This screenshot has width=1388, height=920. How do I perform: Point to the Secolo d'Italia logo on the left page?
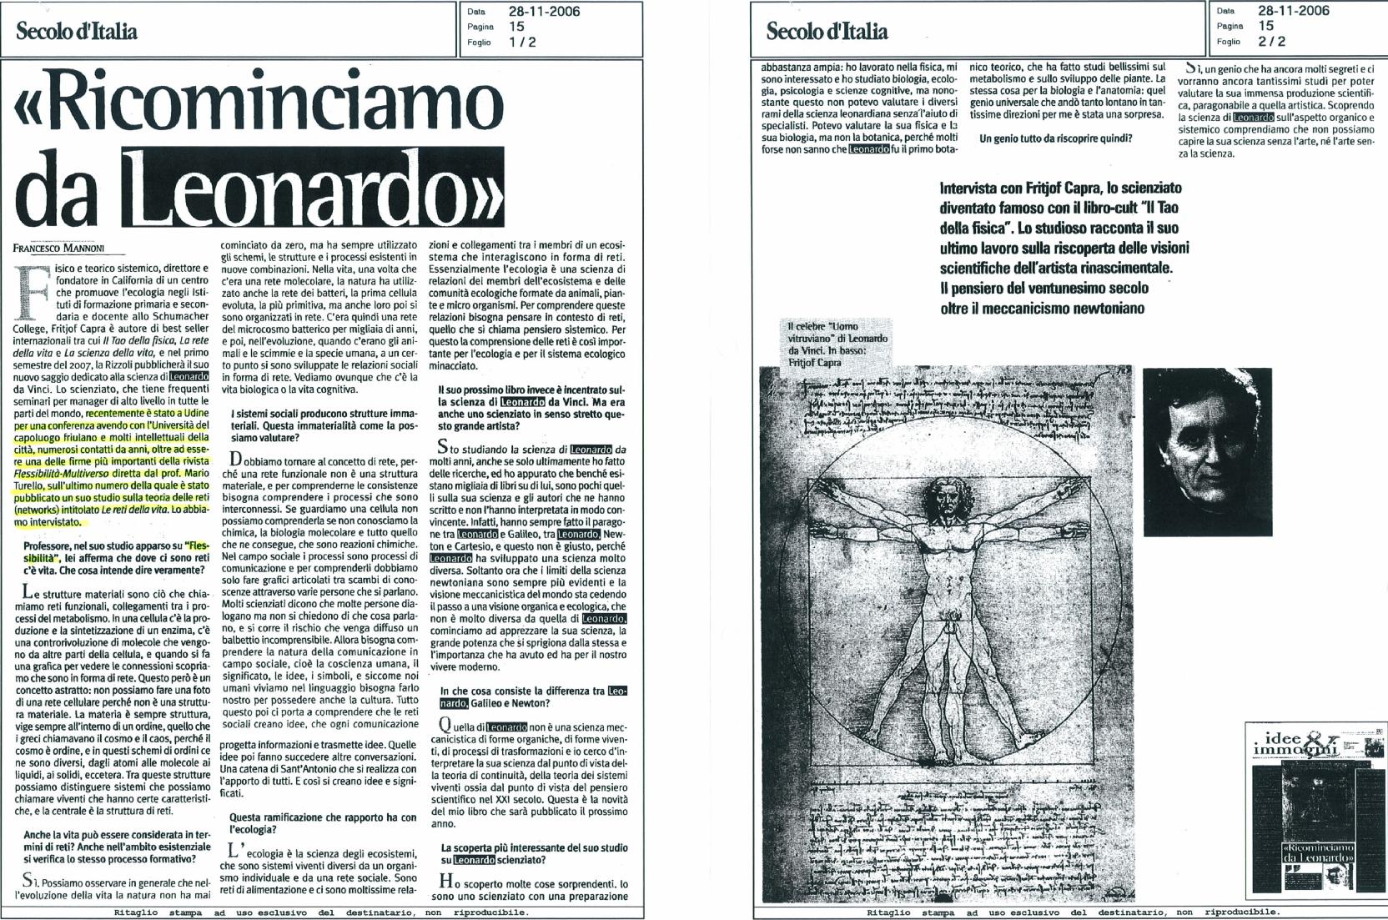click(x=77, y=32)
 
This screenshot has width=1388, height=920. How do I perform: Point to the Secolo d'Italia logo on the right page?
click(x=827, y=32)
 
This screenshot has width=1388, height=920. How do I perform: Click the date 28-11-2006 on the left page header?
click(x=544, y=12)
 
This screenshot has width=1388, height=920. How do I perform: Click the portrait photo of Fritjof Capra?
click(x=1206, y=451)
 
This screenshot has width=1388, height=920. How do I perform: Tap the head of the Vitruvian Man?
click(x=945, y=502)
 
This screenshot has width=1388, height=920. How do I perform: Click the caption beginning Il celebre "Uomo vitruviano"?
click(x=837, y=344)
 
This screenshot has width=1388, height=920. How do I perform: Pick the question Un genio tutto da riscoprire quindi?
click(x=1055, y=138)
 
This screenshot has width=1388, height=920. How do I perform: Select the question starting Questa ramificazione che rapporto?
click(x=322, y=823)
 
